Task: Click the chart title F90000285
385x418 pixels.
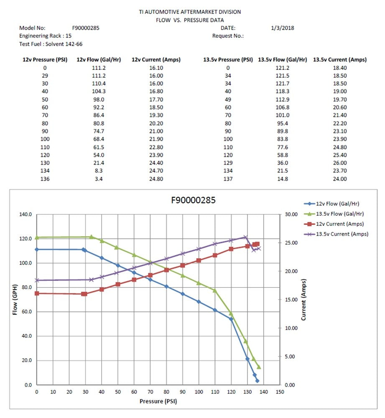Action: point(193,200)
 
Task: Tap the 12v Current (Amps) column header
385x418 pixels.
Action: point(156,60)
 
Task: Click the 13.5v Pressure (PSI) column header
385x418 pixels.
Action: point(228,60)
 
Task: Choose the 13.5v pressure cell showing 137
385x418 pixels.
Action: point(228,179)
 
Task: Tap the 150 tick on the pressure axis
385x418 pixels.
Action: point(280,392)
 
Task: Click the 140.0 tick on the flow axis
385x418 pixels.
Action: point(25,214)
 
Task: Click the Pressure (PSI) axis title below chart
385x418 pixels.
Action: point(158,401)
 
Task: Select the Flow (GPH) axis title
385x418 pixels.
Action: point(15,300)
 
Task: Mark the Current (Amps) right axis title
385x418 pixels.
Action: point(304,300)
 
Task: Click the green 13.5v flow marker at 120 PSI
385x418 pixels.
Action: point(231,313)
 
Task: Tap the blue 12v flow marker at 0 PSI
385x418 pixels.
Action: point(37,250)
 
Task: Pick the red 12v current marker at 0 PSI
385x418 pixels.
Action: point(37,293)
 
